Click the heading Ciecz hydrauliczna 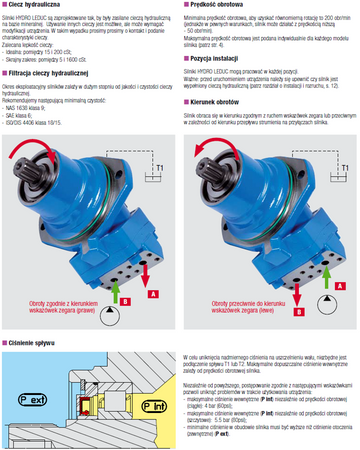[x=41, y=5]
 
